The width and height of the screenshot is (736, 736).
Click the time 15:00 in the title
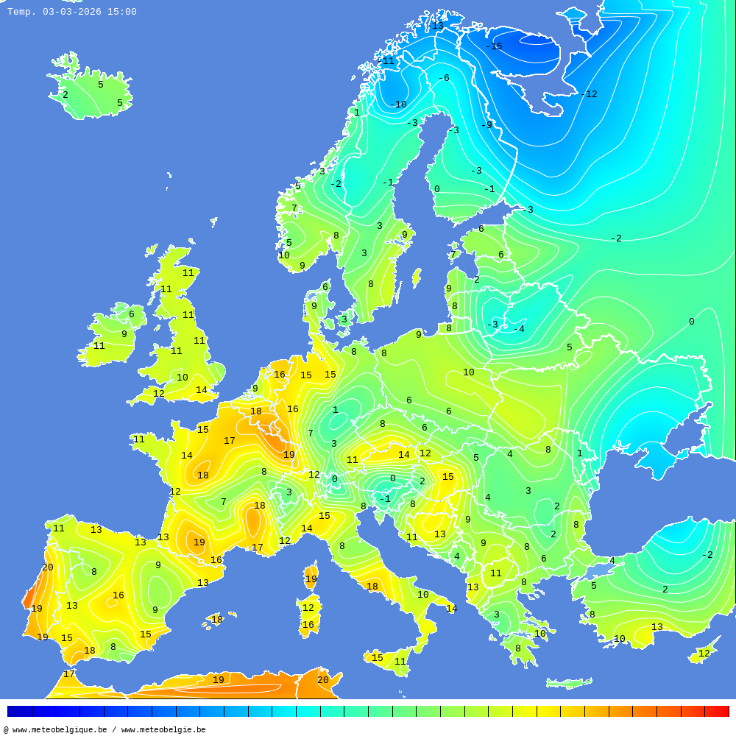pyautogui.click(x=121, y=12)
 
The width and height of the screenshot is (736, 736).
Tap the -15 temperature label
pyautogui.click(x=494, y=46)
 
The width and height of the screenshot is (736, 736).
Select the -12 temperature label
pyautogui.click(x=589, y=94)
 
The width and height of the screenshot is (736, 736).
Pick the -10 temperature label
pyautogui.click(x=398, y=105)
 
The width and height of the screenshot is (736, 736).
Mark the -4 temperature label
pyautogui.click(x=520, y=329)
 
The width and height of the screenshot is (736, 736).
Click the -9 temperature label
pyautogui.click(x=486, y=125)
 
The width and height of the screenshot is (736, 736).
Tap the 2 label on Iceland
pyautogui.click(x=65, y=95)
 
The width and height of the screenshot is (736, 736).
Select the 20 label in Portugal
pyautogui.click(x=48, y=567)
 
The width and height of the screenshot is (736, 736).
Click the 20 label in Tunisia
pyautogui.click(x=323, y=680)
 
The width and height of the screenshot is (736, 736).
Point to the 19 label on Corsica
pyautogui.click(x=311, y=579)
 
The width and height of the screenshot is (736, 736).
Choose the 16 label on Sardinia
pyautogui.click(x=308, y=625)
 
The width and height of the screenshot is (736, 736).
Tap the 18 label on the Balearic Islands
pyautogui.click(x=217, y=620)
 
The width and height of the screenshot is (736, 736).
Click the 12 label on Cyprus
pyautogui.click(x=704, y=654)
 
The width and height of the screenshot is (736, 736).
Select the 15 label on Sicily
pyautogui.click(x=378, y=658)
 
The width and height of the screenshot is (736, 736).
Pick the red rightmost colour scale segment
pyautogui.click(x=717, y=711)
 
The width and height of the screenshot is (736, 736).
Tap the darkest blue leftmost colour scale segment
pyautogui.click(x=19, y=711)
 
